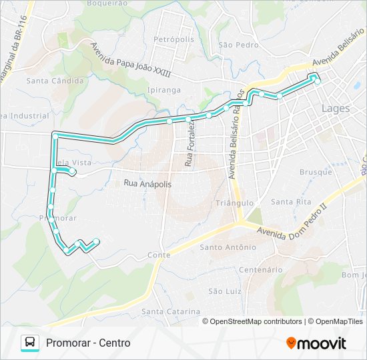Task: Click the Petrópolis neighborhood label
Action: click(x=173, y=39)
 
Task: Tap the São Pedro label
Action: click(x=238, y=45)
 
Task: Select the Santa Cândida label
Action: click(x=55, y=81)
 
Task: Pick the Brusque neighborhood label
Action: click(x=316, y=172)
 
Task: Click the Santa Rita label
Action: click(x=291, y=201)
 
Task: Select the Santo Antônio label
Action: click(x=228, y=247)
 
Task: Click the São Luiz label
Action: click(x=224, y=291)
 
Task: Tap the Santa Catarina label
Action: click(x=171, y=311)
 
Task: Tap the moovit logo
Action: click(x=316, y=343)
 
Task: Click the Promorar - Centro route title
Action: click(x=89, y=343)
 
